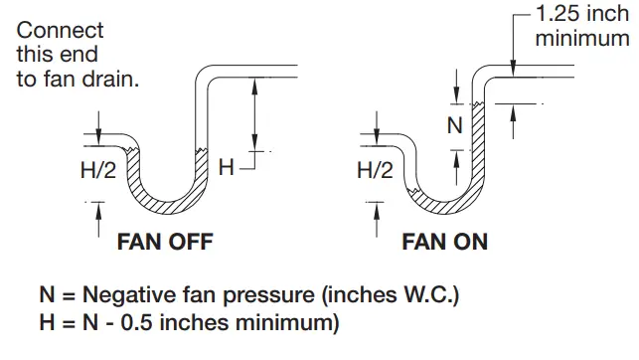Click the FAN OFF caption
[165, 242]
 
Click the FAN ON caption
[444, 242]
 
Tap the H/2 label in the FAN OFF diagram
[98, 171]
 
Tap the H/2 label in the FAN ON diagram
[376, 171]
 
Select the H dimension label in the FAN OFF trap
[226, 167]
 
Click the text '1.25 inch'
[582, 16]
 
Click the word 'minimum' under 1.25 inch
[582, 39]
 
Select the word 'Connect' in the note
[60, 31]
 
